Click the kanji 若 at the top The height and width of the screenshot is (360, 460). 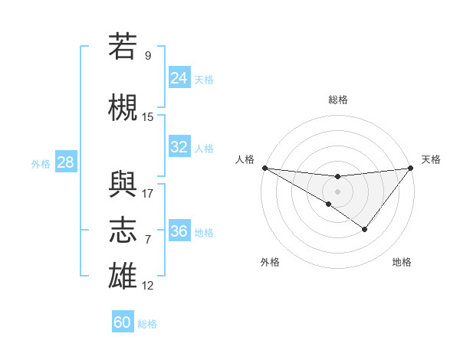123,47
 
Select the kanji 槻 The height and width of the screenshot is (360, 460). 123,109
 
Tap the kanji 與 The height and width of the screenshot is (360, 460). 123,182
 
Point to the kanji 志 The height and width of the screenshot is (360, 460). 123,230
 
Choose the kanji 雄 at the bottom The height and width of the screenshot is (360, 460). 123,276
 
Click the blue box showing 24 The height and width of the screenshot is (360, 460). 179,78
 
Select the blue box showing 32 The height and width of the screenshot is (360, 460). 179,147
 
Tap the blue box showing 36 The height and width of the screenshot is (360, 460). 179,231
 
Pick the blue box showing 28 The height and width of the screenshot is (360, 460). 65,162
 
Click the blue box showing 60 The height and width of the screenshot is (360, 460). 123,322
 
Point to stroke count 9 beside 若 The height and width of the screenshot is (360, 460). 148,56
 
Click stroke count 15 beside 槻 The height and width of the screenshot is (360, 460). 148,117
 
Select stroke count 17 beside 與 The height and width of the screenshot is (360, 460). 148,193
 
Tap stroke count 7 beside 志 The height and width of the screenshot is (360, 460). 148,240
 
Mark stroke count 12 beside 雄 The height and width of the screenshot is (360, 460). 148,286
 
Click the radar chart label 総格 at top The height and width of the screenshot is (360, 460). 337,100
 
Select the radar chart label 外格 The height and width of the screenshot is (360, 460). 270,263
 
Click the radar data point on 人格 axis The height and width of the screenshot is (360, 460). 264,168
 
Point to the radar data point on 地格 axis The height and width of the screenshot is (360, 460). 365,229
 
